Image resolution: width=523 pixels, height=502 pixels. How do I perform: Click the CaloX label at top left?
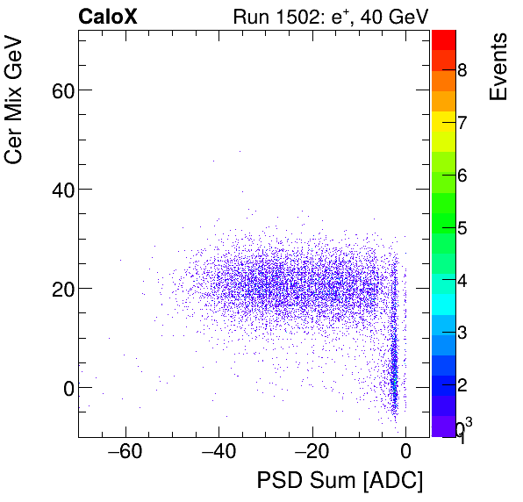click(107, 16)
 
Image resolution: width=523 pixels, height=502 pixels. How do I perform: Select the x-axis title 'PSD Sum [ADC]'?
click(340, 481)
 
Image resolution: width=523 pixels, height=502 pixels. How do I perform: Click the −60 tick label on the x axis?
click(124, 452)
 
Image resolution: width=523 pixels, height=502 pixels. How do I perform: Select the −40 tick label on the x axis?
click(218, 452)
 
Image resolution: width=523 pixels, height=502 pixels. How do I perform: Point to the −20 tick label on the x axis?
click(312, 452)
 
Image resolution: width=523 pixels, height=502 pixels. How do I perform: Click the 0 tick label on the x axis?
click(405, 452)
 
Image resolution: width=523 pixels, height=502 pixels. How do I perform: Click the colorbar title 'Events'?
click(498, 68)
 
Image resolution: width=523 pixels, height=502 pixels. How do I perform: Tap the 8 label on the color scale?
click(462, 70)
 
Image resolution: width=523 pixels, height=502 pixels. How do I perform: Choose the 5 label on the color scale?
click(462, 228)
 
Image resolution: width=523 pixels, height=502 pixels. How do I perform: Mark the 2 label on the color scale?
click(462, 386)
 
